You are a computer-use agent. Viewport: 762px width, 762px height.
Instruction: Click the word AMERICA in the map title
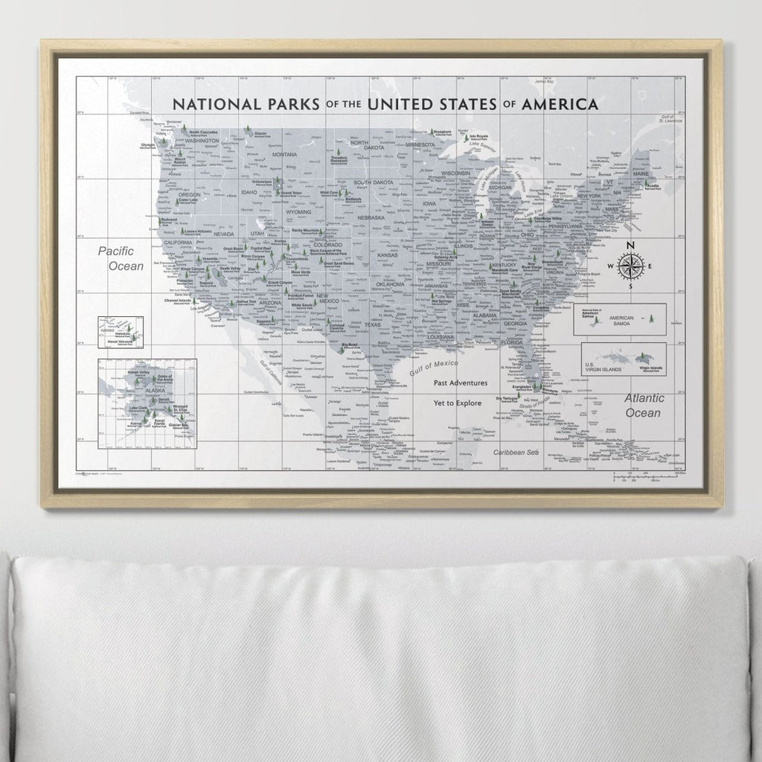tap(560, 103)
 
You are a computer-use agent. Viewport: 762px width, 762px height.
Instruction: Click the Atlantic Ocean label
tap(642, 406)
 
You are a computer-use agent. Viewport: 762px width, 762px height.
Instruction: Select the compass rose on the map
tap(630, 266)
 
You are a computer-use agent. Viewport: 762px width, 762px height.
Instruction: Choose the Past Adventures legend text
tap(461, 382)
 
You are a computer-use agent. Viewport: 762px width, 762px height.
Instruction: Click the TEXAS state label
tap(372, 324)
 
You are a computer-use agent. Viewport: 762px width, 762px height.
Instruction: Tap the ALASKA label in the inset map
tap(155, 390)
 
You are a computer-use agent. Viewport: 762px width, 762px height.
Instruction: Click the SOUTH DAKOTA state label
tap(373, 183)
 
